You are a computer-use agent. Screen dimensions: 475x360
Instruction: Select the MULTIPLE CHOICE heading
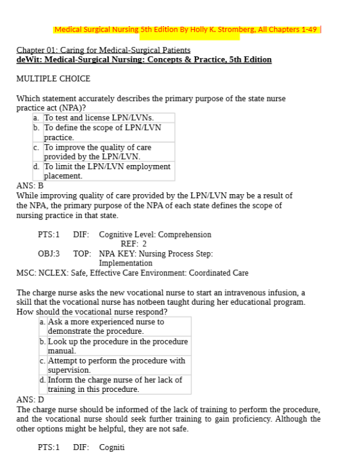(53, 78)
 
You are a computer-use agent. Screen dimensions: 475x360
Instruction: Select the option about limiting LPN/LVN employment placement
(107, 171)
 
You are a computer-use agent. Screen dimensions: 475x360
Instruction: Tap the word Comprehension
(185, 235)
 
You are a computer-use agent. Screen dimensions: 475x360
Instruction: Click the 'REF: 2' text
(133, 243)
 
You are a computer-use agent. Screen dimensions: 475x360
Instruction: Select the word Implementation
(125, 263)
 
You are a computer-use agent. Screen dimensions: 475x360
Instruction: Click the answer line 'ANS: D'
(30, 400)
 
